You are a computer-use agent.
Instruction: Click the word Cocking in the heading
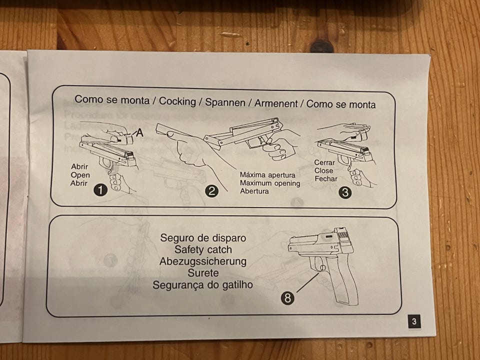[177, 101]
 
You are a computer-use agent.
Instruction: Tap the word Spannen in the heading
[225, 102]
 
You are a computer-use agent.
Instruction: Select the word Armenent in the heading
[276, 103]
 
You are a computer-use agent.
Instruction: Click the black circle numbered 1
[100, 190]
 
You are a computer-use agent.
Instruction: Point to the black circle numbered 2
[211, 191]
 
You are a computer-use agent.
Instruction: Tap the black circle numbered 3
[345, 192]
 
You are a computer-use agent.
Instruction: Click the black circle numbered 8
[287, 297]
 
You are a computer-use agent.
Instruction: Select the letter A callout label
[139, 132]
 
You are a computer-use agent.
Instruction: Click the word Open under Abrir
[80, 175]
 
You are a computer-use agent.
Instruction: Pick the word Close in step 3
[323, 170]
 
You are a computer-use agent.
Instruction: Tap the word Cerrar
[324, 162]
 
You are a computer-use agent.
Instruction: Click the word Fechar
[326, 179]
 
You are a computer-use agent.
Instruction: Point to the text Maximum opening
[269, 183]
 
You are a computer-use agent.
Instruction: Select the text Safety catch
[203, 249]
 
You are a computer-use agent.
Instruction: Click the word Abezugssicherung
[202, 261]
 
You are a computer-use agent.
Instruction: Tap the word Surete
[203, 273]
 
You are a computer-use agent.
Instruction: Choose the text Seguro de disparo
[203, 238]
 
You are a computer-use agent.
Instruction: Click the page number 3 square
[414, 321]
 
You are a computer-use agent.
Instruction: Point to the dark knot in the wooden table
[321, 47]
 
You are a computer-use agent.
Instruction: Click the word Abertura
[254, 191]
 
